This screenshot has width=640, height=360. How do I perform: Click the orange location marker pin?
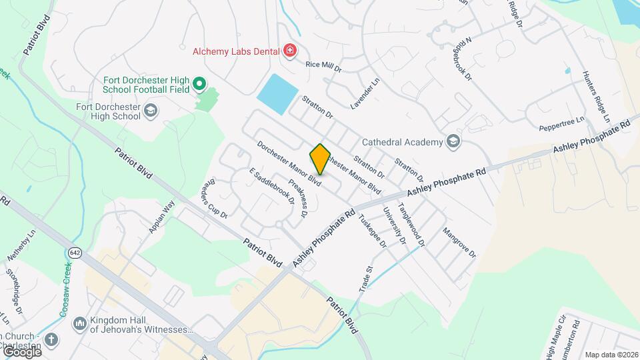[320, 159]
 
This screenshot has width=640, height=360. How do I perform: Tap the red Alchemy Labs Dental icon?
[289, 50]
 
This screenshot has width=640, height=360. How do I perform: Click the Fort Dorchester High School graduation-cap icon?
[151, 111]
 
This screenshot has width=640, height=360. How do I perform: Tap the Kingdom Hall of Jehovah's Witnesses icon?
[79, 323]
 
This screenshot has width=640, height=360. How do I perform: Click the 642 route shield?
[75, 252]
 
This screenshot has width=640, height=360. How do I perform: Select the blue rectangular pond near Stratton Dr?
[278, 94]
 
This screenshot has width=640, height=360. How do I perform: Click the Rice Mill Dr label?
[323, 67]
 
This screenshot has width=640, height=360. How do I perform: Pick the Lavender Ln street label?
[365, 93]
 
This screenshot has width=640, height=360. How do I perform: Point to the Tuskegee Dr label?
[373, 231]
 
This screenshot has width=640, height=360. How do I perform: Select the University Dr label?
[394, 225]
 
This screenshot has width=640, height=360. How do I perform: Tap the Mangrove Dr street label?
[459, 243]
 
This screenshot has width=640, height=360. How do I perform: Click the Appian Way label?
[161, 217]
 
